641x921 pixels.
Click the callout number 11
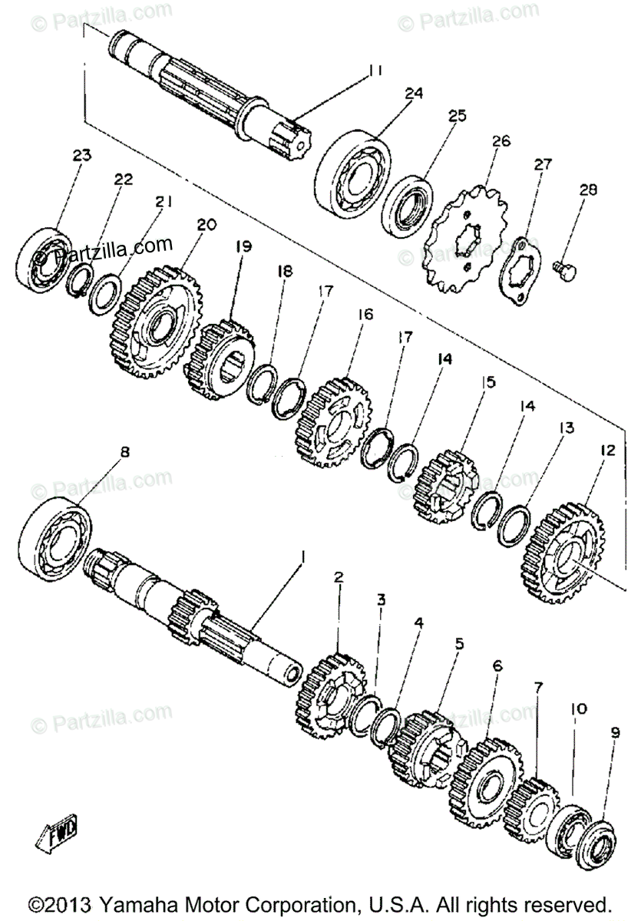click(x=374, y=71)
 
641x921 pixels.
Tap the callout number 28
click(x=587, y=190)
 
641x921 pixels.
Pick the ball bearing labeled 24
click(x=353, y=177)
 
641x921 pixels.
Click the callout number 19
click(x=243, y=246)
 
